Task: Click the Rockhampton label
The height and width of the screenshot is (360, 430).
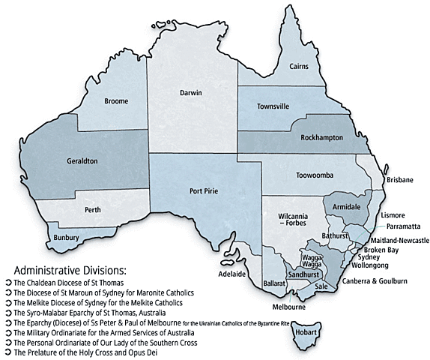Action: point(317,139)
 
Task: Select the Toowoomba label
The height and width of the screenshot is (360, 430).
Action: point(318,175)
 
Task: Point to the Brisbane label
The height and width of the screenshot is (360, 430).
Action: point(397,181)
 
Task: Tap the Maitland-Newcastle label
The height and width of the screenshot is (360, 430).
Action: point(399,240)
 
